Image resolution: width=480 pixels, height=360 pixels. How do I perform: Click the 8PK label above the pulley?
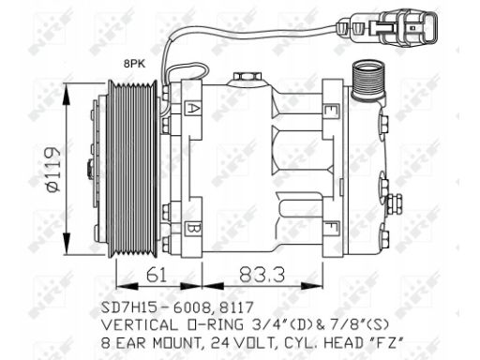pos(134,64)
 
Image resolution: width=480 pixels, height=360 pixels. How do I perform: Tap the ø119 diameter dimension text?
pos(52,170)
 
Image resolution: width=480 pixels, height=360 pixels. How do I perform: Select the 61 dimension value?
pos(157,276)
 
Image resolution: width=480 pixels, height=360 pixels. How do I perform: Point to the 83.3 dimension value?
pos(262,276)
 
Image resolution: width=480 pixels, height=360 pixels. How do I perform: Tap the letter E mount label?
pos(330,111)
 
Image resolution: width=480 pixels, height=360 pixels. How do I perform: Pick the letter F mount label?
pos(331,228)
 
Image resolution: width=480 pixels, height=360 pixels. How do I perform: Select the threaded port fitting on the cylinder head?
pos(368,81)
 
